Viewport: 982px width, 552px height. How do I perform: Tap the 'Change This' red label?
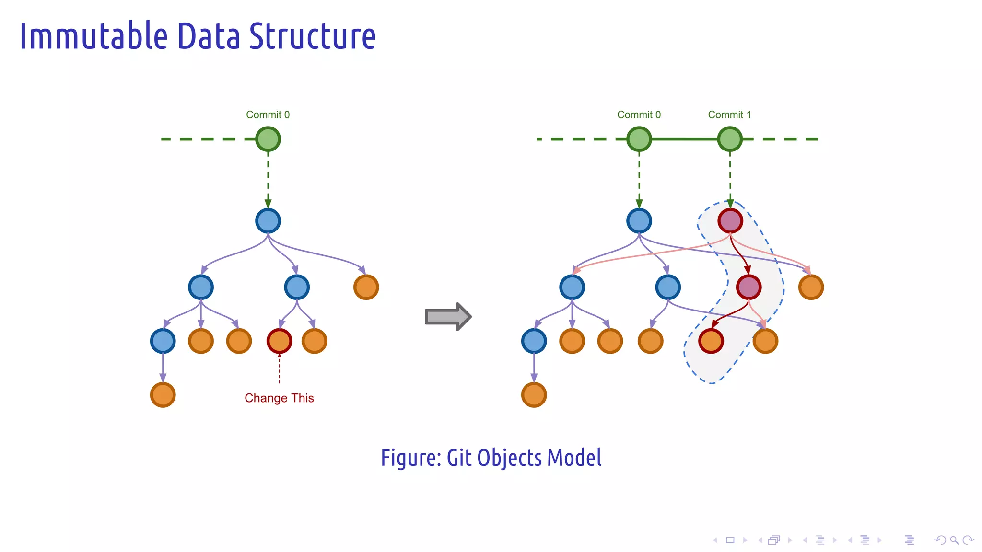pos(279,398)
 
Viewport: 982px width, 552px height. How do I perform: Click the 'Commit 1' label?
pos(729,115)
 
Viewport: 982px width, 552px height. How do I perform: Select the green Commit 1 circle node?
pos(730,139)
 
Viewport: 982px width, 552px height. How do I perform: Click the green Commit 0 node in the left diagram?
pos(268,139)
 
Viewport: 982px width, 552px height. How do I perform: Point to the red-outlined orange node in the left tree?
pos(279,341)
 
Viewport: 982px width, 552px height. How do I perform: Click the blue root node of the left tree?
pos(268,221)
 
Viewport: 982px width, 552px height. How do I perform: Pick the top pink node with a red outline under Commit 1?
pos(730,221)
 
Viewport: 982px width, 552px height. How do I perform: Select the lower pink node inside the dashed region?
pos(748,287)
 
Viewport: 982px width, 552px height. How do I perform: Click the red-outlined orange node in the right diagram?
pos(711,341)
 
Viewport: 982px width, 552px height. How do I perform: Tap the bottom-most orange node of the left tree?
pos(163,395)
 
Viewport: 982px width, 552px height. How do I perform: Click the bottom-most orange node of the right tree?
pos(534,395)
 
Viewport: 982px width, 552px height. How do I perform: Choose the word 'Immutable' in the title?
pos(94,36)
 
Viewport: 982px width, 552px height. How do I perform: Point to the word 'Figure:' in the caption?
pos(411,458)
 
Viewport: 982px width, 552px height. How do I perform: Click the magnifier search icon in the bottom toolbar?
pos(954,540)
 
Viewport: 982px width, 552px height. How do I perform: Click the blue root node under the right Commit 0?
pos(639,221)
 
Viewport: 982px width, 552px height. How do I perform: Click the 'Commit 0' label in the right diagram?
pos(639,115)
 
